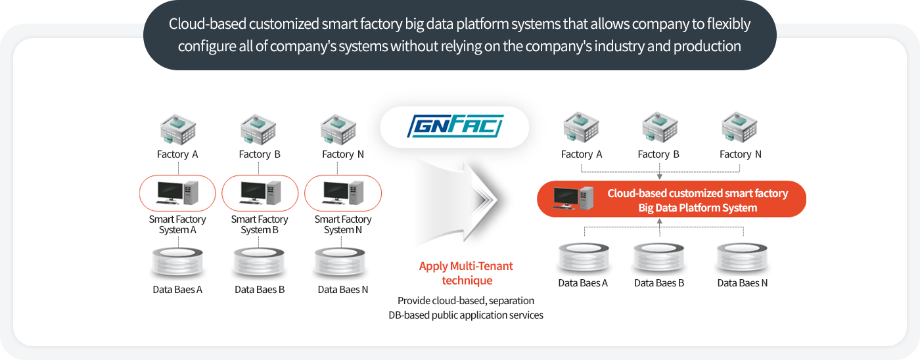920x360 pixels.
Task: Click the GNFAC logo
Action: coord(455,126)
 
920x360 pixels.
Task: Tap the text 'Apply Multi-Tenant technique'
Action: coord(466,273)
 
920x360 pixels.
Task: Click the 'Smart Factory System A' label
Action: coord(177,225)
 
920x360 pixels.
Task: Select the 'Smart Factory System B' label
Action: coord(260,225)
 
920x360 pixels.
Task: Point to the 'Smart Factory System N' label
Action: coord(343,225)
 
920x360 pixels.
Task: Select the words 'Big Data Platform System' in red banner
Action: coord(698,208)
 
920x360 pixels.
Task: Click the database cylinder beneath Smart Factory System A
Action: coord(177,262)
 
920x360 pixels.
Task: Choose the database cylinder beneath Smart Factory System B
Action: coord(260,262)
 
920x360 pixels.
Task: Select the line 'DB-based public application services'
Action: coord(466,315)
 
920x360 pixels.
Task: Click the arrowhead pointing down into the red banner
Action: coord(660,176)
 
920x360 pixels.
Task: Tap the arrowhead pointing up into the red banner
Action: coord(660,222)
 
